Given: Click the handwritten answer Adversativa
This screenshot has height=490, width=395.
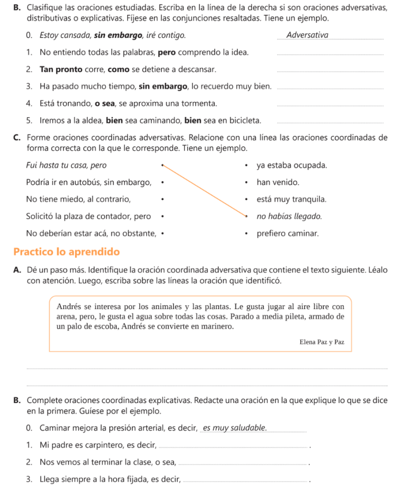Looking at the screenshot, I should (307, 35).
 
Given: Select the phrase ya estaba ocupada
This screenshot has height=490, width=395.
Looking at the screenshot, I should (292, 166).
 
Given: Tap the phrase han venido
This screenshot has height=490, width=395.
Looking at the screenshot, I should (278, 182).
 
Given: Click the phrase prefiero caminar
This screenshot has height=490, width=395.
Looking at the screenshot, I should (287, 234).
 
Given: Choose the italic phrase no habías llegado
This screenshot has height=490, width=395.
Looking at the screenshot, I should (289, 217).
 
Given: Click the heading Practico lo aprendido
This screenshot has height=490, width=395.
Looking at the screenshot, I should (66, 252).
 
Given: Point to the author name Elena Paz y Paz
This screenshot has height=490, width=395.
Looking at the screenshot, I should (321, 342).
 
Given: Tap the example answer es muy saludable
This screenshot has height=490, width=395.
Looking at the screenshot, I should (235, 428).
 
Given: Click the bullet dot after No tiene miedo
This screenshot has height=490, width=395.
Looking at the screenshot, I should (162, 200).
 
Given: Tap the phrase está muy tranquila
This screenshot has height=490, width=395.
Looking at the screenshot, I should (291, 200).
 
